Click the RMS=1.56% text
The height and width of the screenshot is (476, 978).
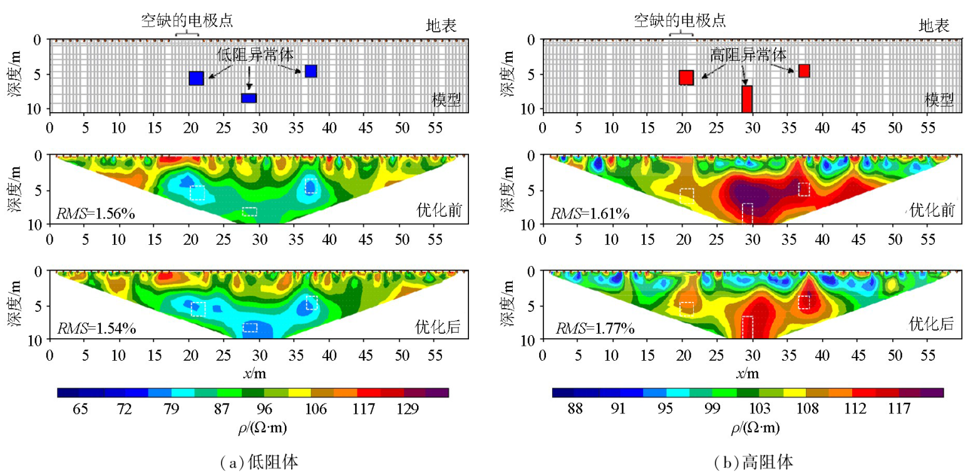97,214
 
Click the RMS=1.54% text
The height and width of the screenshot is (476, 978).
97,328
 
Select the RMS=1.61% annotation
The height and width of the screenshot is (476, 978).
590,214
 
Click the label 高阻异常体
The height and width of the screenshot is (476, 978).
748,54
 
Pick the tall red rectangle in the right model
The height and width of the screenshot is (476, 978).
746,99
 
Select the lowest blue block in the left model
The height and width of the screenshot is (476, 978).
249,98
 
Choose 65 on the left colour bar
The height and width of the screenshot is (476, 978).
80,409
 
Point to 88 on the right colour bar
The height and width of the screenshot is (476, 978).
574,409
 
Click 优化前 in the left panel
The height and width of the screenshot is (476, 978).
438,211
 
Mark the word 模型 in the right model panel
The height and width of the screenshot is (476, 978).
939,100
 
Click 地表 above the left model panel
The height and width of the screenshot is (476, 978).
441,26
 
